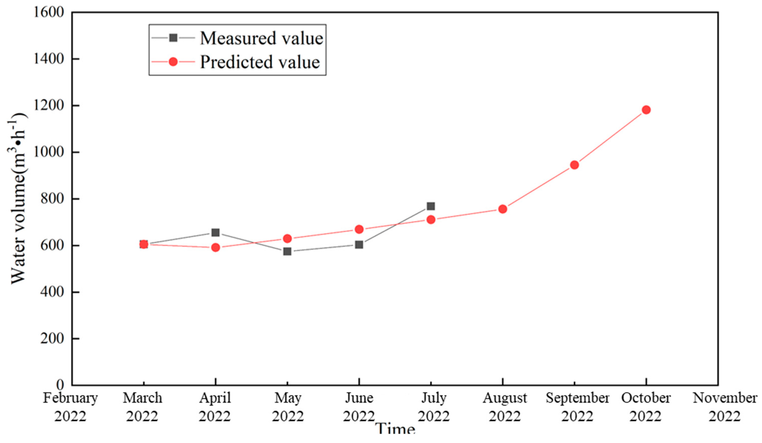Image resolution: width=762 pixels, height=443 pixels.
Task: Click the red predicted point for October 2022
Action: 646,110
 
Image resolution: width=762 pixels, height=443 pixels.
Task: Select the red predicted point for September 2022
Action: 574,165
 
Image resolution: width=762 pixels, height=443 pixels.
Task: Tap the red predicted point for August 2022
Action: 502,209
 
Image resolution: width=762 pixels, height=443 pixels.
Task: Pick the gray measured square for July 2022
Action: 431,206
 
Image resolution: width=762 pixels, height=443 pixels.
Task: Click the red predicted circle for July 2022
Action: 431,219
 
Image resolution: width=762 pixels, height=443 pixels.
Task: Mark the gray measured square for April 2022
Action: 215,233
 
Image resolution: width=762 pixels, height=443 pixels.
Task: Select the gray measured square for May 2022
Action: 287,251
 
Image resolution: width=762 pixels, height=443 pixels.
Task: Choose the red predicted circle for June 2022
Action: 359,229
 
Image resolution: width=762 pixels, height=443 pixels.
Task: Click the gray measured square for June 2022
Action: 359,245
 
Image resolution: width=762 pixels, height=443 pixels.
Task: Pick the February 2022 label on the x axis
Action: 70,407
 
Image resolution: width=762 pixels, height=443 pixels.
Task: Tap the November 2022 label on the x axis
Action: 724,407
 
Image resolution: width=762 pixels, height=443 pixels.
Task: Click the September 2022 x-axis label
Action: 577,407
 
